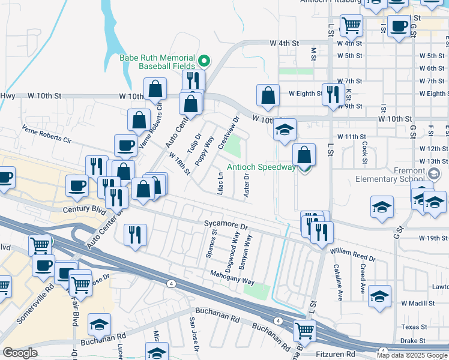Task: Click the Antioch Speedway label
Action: pos(262,167)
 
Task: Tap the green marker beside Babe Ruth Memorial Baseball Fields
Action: pos(204,60)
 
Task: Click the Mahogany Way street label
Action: pos(232,278)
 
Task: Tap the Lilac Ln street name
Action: pos(220,183)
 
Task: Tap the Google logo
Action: pos(20,353)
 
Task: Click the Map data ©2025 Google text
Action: pos(412,355)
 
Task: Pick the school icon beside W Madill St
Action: pos(379,296)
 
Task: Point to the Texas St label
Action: pos(414,327)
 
